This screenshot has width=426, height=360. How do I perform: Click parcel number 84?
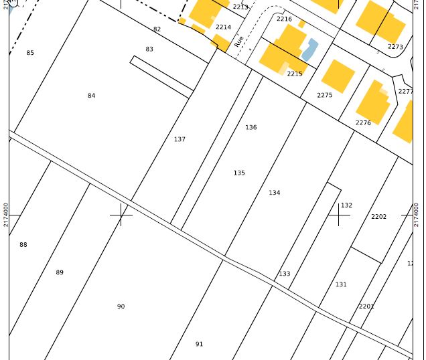[x=91, y=96]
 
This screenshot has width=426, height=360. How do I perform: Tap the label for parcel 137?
[x=180, y=139]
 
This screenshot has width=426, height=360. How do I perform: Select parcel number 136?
[x=251, y=127]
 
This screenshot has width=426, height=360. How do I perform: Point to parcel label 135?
[x=239, y=173]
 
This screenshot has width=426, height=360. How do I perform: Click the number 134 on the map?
[x=275, y=193]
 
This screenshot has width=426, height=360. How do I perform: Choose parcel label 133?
[x=285, y=274]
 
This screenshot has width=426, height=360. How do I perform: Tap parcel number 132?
[x=346, y=205]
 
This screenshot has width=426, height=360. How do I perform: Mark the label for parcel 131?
[x=341, y=284]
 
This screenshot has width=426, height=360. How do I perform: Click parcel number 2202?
[x=378, y=217]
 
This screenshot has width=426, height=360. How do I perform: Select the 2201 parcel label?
[x=366, y=306]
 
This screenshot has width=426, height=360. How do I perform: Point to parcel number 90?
[x=121, y=306]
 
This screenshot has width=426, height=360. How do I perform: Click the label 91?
[x=199, y=344]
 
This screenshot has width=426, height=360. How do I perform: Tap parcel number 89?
[x=60, y=272]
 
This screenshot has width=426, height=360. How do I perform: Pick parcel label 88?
[x=23, y=245]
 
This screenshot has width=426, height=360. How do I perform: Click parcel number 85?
[x=30, y=53]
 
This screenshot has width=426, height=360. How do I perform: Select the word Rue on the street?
[x=239, y=41]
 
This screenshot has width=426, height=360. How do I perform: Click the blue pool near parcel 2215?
[x=309, y=49]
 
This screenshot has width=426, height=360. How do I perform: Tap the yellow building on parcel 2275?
[x=338, y=76]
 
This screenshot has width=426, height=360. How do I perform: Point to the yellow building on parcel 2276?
[x=374, y=102]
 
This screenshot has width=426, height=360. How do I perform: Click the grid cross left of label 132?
[x=339, y=215]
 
